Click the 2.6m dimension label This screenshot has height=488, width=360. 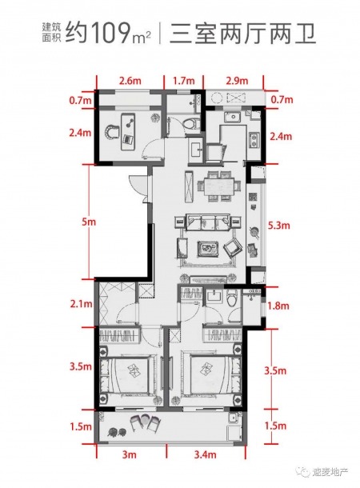(130, 81)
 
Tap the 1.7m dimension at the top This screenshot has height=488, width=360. (183, 81)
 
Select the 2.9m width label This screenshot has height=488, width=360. (237, 81)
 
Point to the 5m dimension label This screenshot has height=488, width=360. (89, 222)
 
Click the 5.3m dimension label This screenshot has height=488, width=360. (278, 225)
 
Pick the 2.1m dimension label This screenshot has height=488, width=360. (82, 303)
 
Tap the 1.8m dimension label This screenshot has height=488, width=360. (278, 306)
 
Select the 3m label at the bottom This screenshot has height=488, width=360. (129, 454)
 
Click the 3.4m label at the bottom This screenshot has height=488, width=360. (206, 454)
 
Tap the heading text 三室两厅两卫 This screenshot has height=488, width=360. (242, 33)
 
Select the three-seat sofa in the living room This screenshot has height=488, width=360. (207, 222)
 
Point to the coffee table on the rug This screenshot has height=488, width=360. (208, 249)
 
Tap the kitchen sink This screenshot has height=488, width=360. (232, 118)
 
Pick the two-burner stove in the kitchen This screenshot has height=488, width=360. (254, 140)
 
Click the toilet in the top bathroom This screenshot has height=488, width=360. (191, 123)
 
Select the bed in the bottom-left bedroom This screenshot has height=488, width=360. (130, 375)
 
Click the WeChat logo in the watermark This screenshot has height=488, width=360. (303, 471)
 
